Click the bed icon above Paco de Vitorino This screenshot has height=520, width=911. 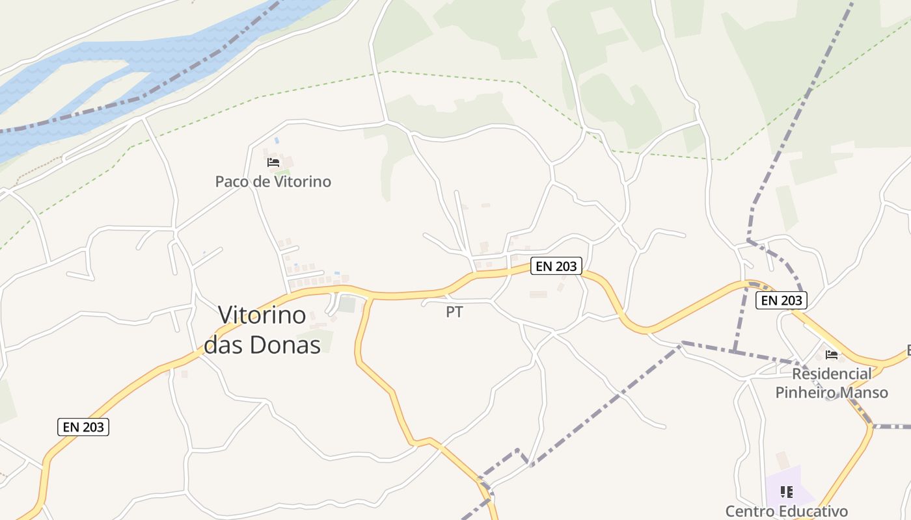(273, 162)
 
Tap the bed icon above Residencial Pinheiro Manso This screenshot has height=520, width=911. (831, 355)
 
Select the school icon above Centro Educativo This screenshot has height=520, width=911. (787, 492)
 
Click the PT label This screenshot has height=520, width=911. (454, 312)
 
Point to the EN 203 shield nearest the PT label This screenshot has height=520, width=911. (556, 266)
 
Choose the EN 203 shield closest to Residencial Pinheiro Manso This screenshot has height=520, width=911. (782, 300)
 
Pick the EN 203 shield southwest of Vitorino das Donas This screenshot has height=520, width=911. (83, 427)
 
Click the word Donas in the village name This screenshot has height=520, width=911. (290, 344)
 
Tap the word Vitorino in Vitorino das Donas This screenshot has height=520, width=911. (262, 315)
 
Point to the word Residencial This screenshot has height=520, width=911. (832, 374)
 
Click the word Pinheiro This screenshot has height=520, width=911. (804, 393)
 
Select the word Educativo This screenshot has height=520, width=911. (816, 511)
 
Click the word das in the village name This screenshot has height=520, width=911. (225, 344)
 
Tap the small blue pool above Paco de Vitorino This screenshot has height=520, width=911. (277, 140)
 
